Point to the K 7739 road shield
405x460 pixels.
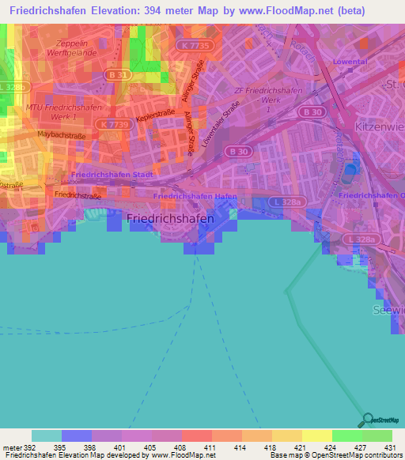point(115,125)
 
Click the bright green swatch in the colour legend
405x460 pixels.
point(347,435)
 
